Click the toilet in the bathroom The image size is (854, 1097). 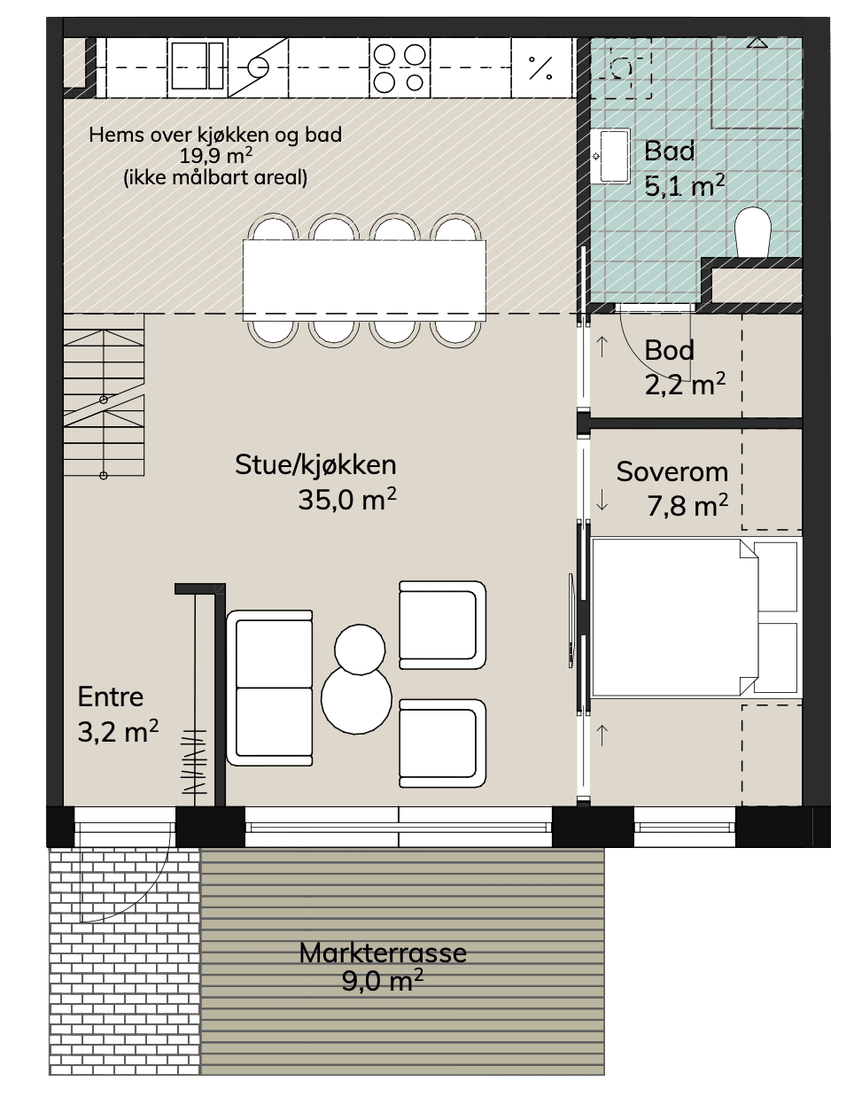pyautogui.click(x=753, y=232)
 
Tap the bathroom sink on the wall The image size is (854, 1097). pyautogui.click(x=610, y=156)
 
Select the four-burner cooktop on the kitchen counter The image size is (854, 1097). pyautogui.click(x=400, y=67)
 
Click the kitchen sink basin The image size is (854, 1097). pyautogui.click(x=197, y=66)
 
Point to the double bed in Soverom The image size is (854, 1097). pyautogui.click(x=696, y=618)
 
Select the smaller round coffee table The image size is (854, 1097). pyautogui.click(x=360, y=649)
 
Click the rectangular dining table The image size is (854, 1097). pyautogui.click(x=364, y=280)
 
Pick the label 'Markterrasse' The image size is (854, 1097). pyautogui.click(x=383, y=953)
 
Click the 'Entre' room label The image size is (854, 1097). pyautogui.click(x=111, y=697)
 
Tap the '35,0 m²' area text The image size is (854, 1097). pyautogui.click(x=347, y=499)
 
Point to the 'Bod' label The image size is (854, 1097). pyautogui.click(x=669, y=350)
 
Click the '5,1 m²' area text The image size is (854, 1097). pyautogui.click(x=685, y=185)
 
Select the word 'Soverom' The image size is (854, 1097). pyautogui.click(x=672, y=472)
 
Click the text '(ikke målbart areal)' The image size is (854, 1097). pyautogui.click(x=215, y=177)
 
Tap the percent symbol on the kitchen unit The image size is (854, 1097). pyautogui.click(x=540, y=67)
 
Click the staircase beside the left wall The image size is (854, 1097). pyautogui.click(x=104, y=395)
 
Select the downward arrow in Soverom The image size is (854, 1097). pyautogui.click(x=602, y=501)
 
